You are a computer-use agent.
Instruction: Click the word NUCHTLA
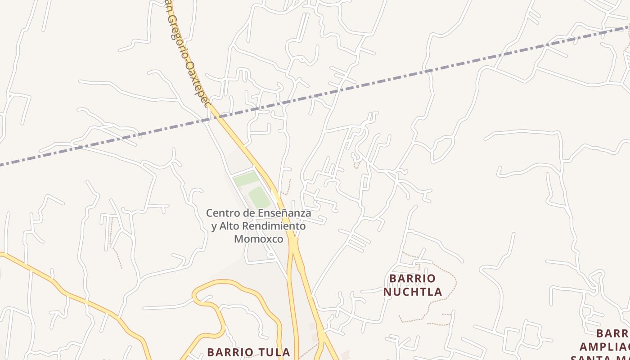coord(413,292)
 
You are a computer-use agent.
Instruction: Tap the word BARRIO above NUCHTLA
coord(413,278)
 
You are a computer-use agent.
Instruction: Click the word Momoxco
coord(259,239)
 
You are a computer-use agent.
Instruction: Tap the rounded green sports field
coord(259,198)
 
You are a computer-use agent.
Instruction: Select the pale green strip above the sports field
coord(246,179)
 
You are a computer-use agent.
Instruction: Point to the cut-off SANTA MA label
coord(601,358)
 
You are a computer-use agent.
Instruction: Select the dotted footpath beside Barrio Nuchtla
coord(452,288)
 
